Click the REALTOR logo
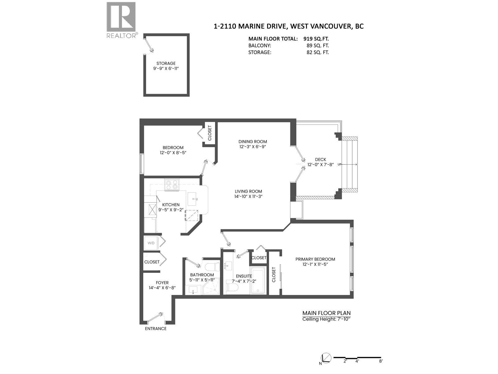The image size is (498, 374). [x=121, y=20]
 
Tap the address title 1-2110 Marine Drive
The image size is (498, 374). [x=289, y=26]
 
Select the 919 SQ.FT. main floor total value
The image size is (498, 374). [x=316, y=39]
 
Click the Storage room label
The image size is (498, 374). [x=166, y=63]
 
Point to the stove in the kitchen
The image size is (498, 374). [x=172, y=185]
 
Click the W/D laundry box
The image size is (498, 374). [x=151, y=243]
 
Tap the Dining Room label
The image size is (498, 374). [x=253, y=141]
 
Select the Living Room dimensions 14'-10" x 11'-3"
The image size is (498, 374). [x=248, y=196]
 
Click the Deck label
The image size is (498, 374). [x=320, y=159]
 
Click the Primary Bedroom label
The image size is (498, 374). [x=315, y=259]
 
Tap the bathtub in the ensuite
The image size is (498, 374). [x=258, y=280]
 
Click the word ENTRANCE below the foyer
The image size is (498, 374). [x=156, y=328]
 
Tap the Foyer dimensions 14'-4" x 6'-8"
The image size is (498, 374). [x=162, y=288]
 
